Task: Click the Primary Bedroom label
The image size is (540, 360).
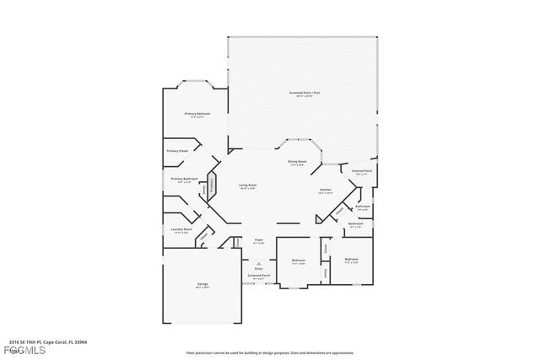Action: pos(197,113)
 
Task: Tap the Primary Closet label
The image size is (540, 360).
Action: pos(177,152)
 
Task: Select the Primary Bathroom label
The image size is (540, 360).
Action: pos(184,179)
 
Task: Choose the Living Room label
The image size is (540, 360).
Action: pos(247,185)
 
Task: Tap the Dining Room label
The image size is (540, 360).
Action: pos(297,161)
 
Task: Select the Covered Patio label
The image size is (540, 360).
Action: pos(363,171)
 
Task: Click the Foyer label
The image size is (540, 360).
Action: pos(259,240)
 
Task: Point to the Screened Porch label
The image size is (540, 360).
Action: pos(259,275)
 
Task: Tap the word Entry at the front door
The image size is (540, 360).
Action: pos(259,268)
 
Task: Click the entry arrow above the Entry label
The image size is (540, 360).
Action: pos(259,262)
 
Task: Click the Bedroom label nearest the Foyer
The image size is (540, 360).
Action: pos(299,261)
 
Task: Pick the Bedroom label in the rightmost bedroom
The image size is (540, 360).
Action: pos(351,259)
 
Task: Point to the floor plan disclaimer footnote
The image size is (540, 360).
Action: pos(270,352)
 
